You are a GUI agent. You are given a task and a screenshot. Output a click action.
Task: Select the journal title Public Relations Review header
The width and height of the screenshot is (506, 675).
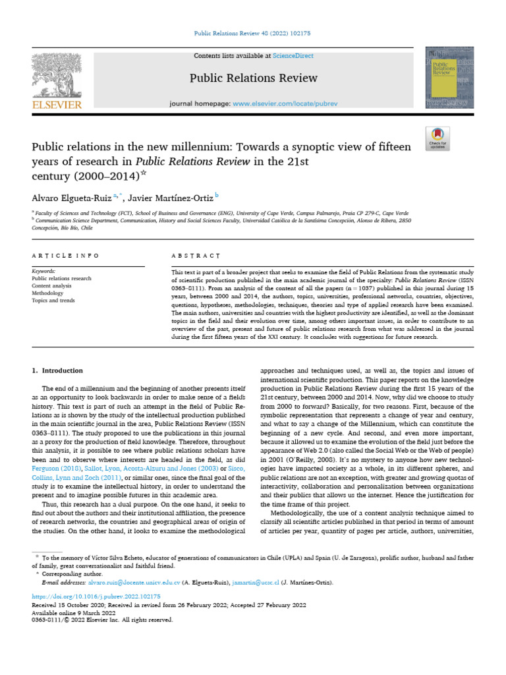tap(253, 78)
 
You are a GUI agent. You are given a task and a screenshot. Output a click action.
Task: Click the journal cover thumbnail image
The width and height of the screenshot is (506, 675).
tap(449, 78)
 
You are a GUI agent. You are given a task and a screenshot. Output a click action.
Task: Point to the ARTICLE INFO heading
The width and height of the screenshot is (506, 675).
tap(65, 255)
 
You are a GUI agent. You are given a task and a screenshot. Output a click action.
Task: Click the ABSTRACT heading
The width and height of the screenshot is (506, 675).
tap(196, 255)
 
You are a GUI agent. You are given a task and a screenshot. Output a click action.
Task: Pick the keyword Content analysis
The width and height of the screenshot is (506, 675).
tap(52, 285)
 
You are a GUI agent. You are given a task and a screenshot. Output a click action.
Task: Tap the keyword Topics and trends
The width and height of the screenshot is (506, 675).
tap(53, 300)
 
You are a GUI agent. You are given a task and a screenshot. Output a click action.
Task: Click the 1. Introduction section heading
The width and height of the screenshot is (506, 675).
tap(57, 370)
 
